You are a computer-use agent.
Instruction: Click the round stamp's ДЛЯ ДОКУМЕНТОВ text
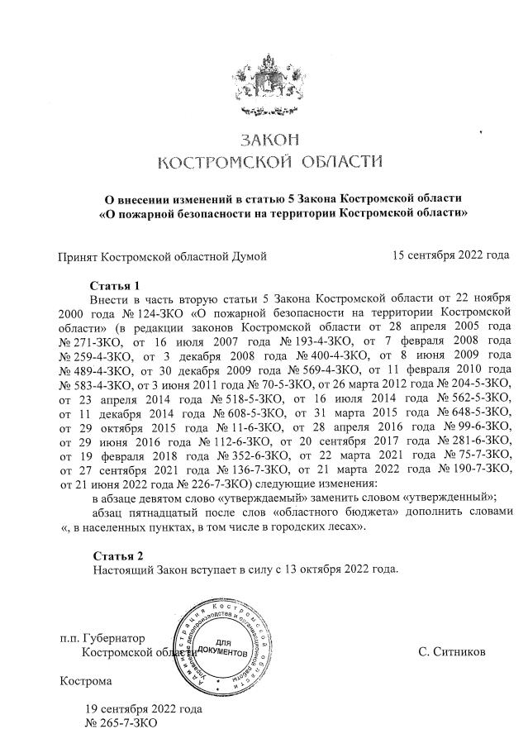click(x=224, y=647)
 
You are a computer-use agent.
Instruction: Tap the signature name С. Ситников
click(x=452, y=652)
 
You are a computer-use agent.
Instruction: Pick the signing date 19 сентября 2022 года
click(x=143, y=709)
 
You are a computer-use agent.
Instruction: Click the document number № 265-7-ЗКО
click(x=121, y=723)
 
